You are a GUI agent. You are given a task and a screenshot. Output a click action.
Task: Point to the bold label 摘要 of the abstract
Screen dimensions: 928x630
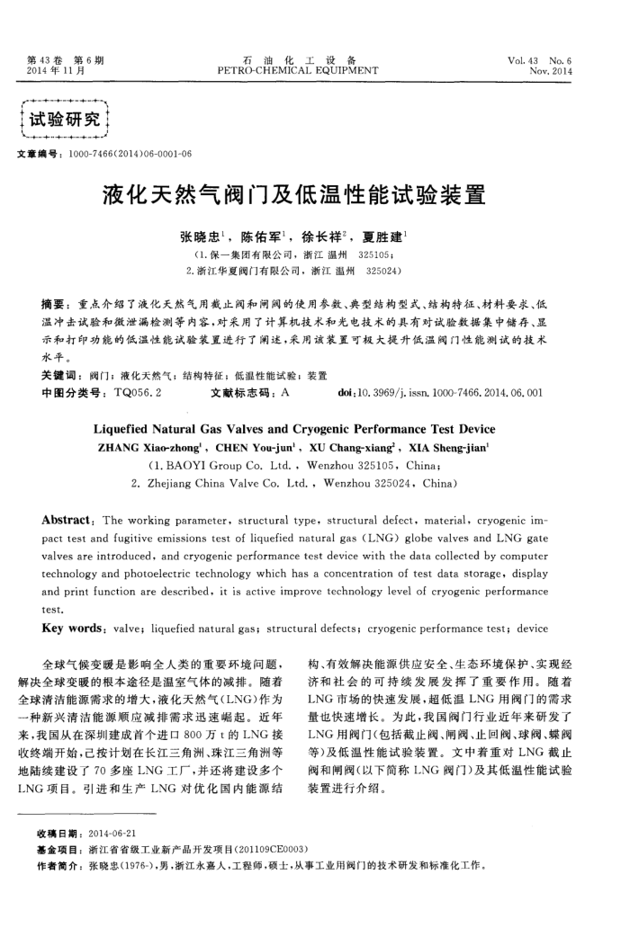pyautogui.click(x=56, y=308)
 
